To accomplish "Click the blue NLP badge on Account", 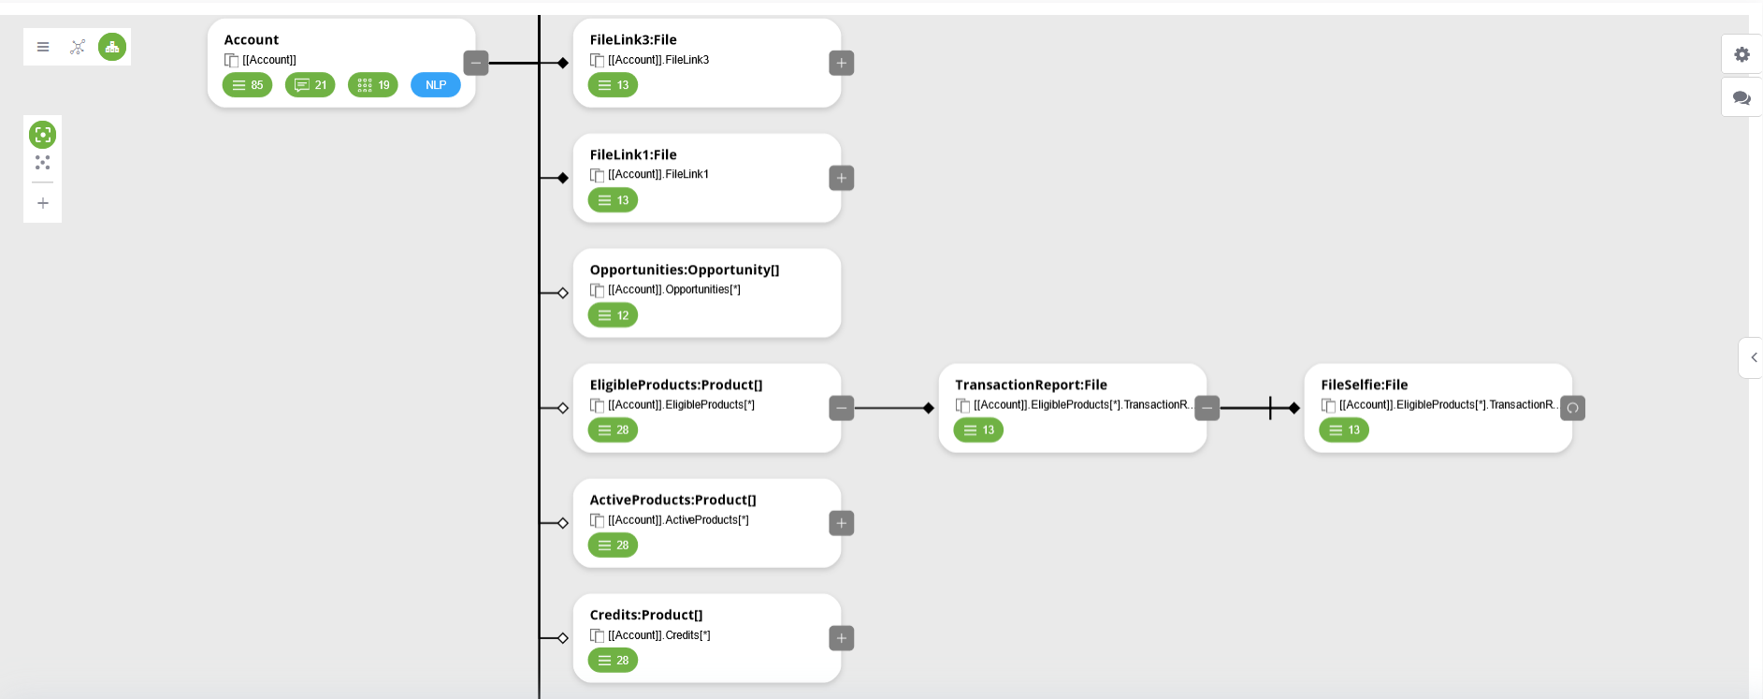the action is [x=436, y=85].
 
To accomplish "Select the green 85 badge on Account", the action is [x=247, y=85].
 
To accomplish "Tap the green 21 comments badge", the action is [x=311, y=85].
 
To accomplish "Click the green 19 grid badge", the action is [x=373, y=85].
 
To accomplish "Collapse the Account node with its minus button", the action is [x=476, y=63].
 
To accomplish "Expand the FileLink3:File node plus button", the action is [x=842, y=63].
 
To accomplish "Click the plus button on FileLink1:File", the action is [x=842, y=178].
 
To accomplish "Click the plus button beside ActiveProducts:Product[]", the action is [x=842, y=523].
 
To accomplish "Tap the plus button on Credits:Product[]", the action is [x=842, y=638].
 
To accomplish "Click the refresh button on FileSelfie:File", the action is [x=1573, y=408].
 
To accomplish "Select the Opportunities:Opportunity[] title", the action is [x=685, y=269].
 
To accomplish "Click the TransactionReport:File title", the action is [x=1031, y=385].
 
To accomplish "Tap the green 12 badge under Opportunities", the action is [x=613, y=315].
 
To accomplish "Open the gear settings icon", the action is [x=1741, y=54].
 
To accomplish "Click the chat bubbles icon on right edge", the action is [x=1741, y=97].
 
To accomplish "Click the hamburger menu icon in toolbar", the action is [x=43, y=47].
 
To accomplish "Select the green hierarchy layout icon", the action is [x=112, y=47].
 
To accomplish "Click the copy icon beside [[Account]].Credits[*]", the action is [x=597, y=635].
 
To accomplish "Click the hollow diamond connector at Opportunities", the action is [x=563, y=293].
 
